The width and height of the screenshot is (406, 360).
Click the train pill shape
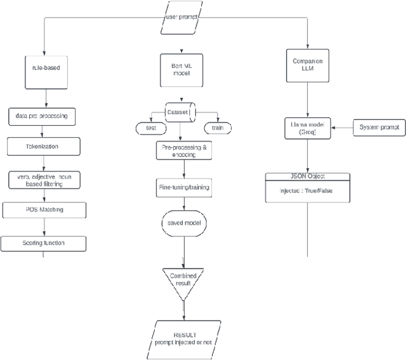pos(218,128)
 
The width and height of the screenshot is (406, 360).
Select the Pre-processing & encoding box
pos(183,150)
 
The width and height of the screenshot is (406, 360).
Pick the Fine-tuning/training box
pos(183,187)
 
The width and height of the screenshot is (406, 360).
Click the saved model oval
pos(183,223)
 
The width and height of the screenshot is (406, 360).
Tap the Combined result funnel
pos(183,280)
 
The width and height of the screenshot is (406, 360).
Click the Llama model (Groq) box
pos(307,130)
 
